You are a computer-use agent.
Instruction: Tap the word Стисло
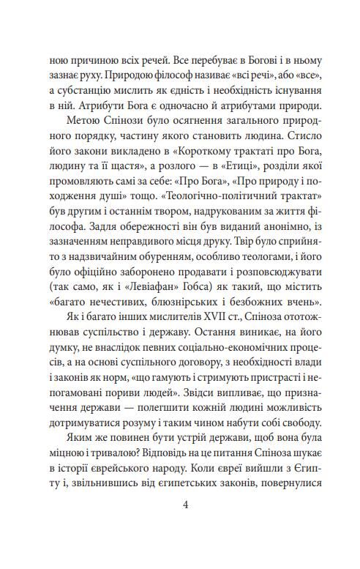[x=310, y=136]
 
